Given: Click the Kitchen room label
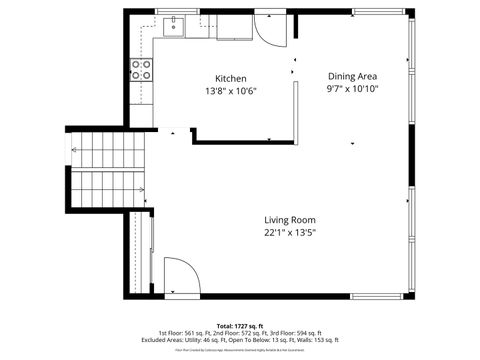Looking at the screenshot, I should click(x=231, y=78).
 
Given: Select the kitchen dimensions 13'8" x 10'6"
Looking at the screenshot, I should click(x=231, y=91).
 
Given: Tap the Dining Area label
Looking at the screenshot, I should click(x=353, y=75).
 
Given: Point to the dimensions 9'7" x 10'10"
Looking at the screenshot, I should click(x=353, y=88).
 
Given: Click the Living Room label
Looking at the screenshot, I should click(x=290, y=220).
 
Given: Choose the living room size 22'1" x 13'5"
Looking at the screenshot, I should click(x=290, y=233).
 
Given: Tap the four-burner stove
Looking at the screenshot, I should click(x=141, y=69).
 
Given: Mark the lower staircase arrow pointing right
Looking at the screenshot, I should click(x=140, y=189).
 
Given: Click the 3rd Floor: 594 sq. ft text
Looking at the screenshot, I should click(x=297, y=333).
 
